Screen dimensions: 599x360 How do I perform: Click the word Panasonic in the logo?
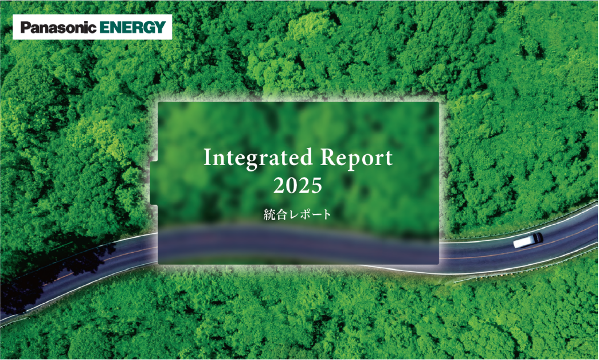(x=58, y=27)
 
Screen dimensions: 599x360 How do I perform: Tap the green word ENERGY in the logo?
(x=132, y=27)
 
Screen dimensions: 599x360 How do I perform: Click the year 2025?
(x=297, y=186)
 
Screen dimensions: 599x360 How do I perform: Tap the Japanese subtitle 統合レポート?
(x=297, y=214)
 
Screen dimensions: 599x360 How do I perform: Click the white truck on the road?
(x=528, y=240)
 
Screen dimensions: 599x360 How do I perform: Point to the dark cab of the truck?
(x=538, y=238)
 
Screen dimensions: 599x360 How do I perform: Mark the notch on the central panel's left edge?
(x=154, y=183)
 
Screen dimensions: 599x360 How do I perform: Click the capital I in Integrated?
(x=208, y=157)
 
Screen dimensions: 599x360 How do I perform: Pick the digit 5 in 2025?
(x=316, y=186)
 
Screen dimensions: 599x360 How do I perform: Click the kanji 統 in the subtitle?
(x=269, y=214)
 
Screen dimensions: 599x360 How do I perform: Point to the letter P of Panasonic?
(x=25, y=28)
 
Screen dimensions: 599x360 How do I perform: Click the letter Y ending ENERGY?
(x=160, y=28)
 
